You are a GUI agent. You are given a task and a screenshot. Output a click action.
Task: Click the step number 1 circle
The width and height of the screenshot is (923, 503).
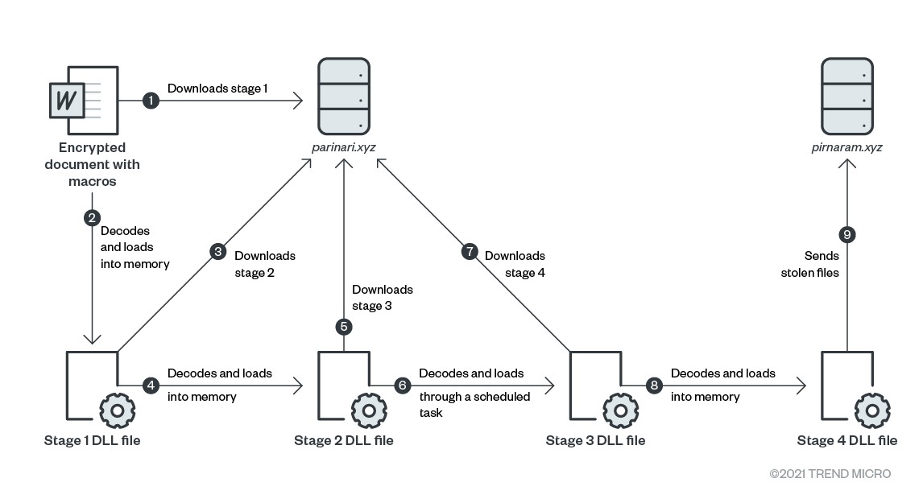pos(150,101)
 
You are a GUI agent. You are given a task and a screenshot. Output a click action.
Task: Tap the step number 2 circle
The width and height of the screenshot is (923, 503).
pos(92,217)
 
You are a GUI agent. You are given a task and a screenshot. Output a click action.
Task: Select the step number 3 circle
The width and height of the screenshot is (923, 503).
pos(217,252)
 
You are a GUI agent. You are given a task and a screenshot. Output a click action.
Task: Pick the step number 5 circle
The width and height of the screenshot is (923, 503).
pos(344,326)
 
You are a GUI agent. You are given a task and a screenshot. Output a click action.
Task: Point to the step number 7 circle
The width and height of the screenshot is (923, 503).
pos(470,252)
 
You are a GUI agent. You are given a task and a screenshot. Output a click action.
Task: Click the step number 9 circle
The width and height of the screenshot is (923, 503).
pos(846,234)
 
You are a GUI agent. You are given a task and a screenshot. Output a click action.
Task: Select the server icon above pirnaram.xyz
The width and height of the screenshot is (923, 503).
pos(846,96)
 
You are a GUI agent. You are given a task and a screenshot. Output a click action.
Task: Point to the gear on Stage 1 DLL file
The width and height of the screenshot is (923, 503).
pos(117,410)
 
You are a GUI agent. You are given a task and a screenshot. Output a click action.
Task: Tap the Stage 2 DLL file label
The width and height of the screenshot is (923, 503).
pos(344,440)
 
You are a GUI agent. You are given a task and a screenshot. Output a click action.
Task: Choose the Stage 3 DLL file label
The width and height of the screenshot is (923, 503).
pos(595,440)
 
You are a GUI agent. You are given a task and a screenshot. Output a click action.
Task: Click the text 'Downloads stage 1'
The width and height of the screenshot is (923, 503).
pos(217,89)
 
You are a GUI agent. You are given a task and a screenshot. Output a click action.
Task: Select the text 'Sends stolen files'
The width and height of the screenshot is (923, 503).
pos(822,264)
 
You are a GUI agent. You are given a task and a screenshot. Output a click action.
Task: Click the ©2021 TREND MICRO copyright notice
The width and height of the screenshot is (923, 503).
pos(830,474)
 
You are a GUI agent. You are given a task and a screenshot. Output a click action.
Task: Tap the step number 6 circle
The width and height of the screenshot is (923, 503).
pos(402,386)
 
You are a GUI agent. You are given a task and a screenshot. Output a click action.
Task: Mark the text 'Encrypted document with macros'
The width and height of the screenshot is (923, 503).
pos(92,164)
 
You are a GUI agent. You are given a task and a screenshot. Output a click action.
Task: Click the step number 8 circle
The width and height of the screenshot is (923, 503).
pos(654,386)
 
